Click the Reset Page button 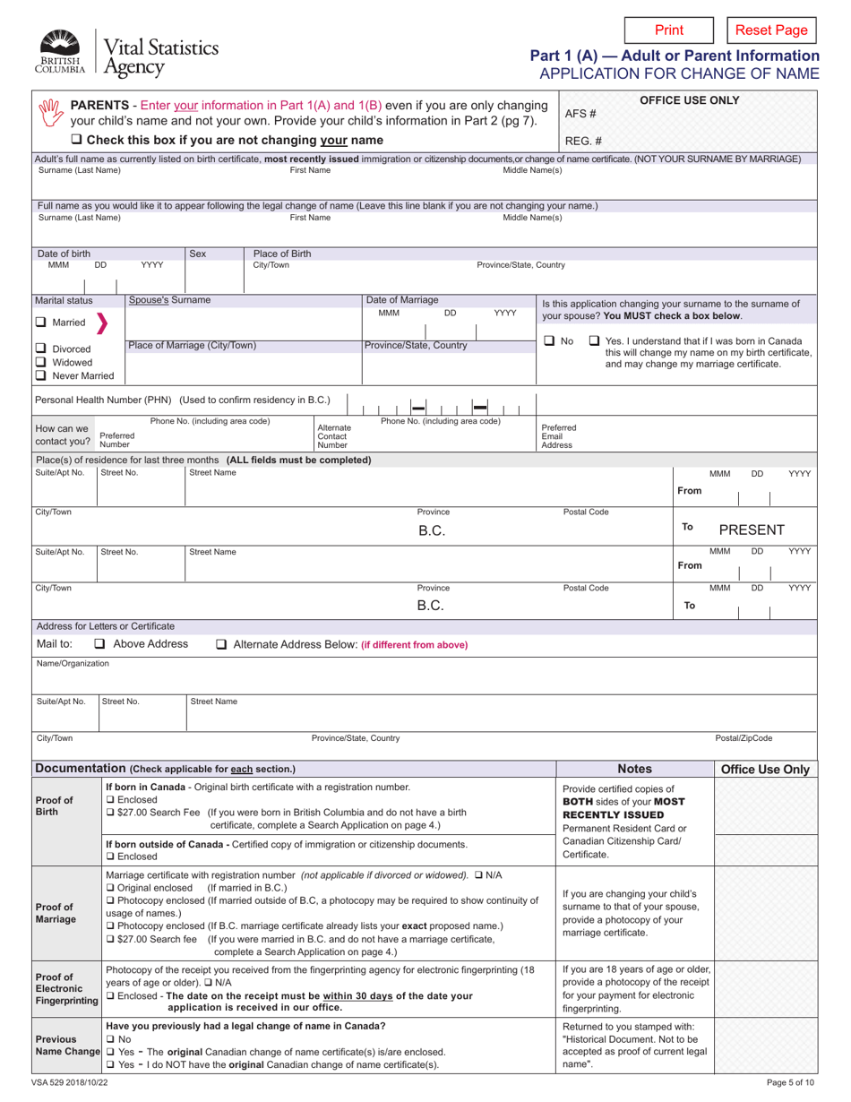(770, 30)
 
